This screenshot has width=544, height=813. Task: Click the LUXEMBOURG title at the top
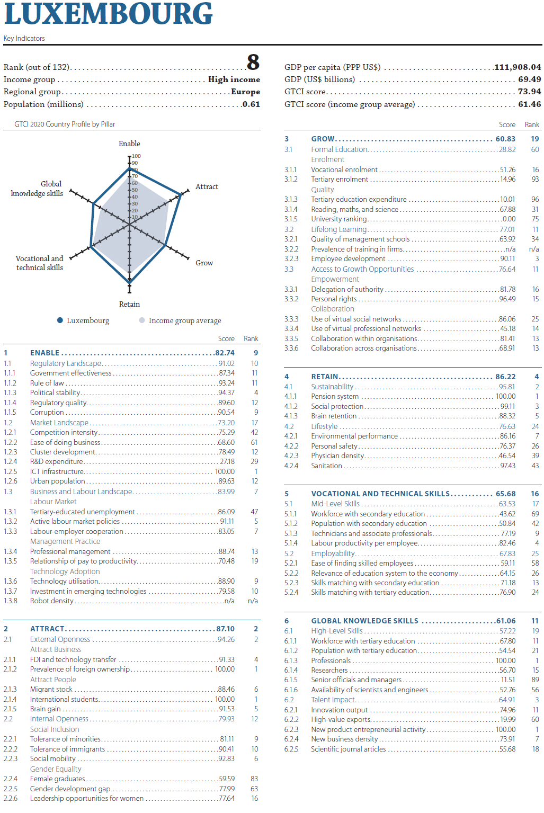pyautogui.click(x=108, y=13)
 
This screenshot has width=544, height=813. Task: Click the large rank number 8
pyautogui.click(x=253, y=62)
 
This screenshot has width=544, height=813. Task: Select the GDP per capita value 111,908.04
pyautogui.click(x=518, y=67)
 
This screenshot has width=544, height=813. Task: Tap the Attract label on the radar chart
pyautogui.click(x=207, y=186)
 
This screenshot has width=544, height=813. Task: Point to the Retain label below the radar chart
pyautogui.click(x=130, y=304)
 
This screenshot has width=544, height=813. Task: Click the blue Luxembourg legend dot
pyautogui.click(x=60, y=320)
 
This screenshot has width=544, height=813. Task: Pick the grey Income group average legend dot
pyautogui.click(x=142, y=320)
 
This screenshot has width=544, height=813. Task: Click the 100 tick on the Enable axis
pyautogui.click(x=136, y=156)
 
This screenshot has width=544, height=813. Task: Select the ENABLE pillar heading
pyautogui.click(x=44, y=353)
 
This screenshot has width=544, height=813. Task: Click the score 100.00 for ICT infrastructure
pyautogui.click(x=225, y=471)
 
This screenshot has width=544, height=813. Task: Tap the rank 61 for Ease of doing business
pyautogui.click(x=254, y=442)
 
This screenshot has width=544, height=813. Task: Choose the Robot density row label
pyautogui.click(x=52, y=601)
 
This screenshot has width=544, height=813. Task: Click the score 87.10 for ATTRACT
pyautogui.click(x=226, y=629)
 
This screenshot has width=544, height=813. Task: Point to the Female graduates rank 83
pyautogui.click(x=254, y=779)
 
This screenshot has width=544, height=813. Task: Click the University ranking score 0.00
pyautogui.click(x=509, y=219)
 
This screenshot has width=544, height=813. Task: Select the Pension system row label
pyautogui.click(x=335, y=396)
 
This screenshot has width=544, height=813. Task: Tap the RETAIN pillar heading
pyautogui.click(x=325, y=377)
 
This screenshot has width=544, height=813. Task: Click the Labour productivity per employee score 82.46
pyautogui.click(x=507, y=543)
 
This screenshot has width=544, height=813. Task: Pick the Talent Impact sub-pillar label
pyautogui.click(x=333, y=700)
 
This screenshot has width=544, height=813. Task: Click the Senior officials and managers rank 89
pyautogui.click(x=536, y=680)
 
